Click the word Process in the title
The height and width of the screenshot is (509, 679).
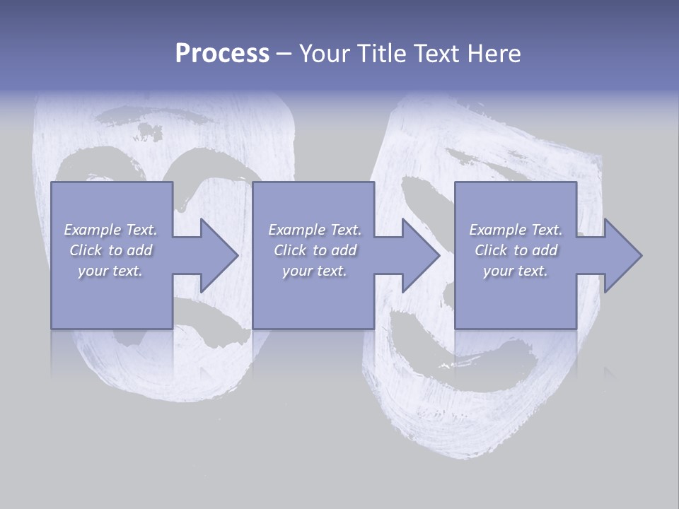[222, 54]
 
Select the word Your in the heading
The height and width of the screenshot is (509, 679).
[323, 54]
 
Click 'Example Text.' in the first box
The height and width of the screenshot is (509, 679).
[111, 230]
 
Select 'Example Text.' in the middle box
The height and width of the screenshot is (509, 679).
[315, 230]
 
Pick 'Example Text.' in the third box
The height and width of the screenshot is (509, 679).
[516, 230]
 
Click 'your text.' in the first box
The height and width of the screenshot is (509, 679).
[110, 271]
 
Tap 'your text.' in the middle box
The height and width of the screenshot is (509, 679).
[314, 271]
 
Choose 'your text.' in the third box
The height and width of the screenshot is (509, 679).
[516, 271]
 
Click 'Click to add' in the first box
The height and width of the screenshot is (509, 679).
[111, 250]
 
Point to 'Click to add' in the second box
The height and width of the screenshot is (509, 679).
[315, 250]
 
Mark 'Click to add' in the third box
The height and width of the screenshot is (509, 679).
[516, 250]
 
